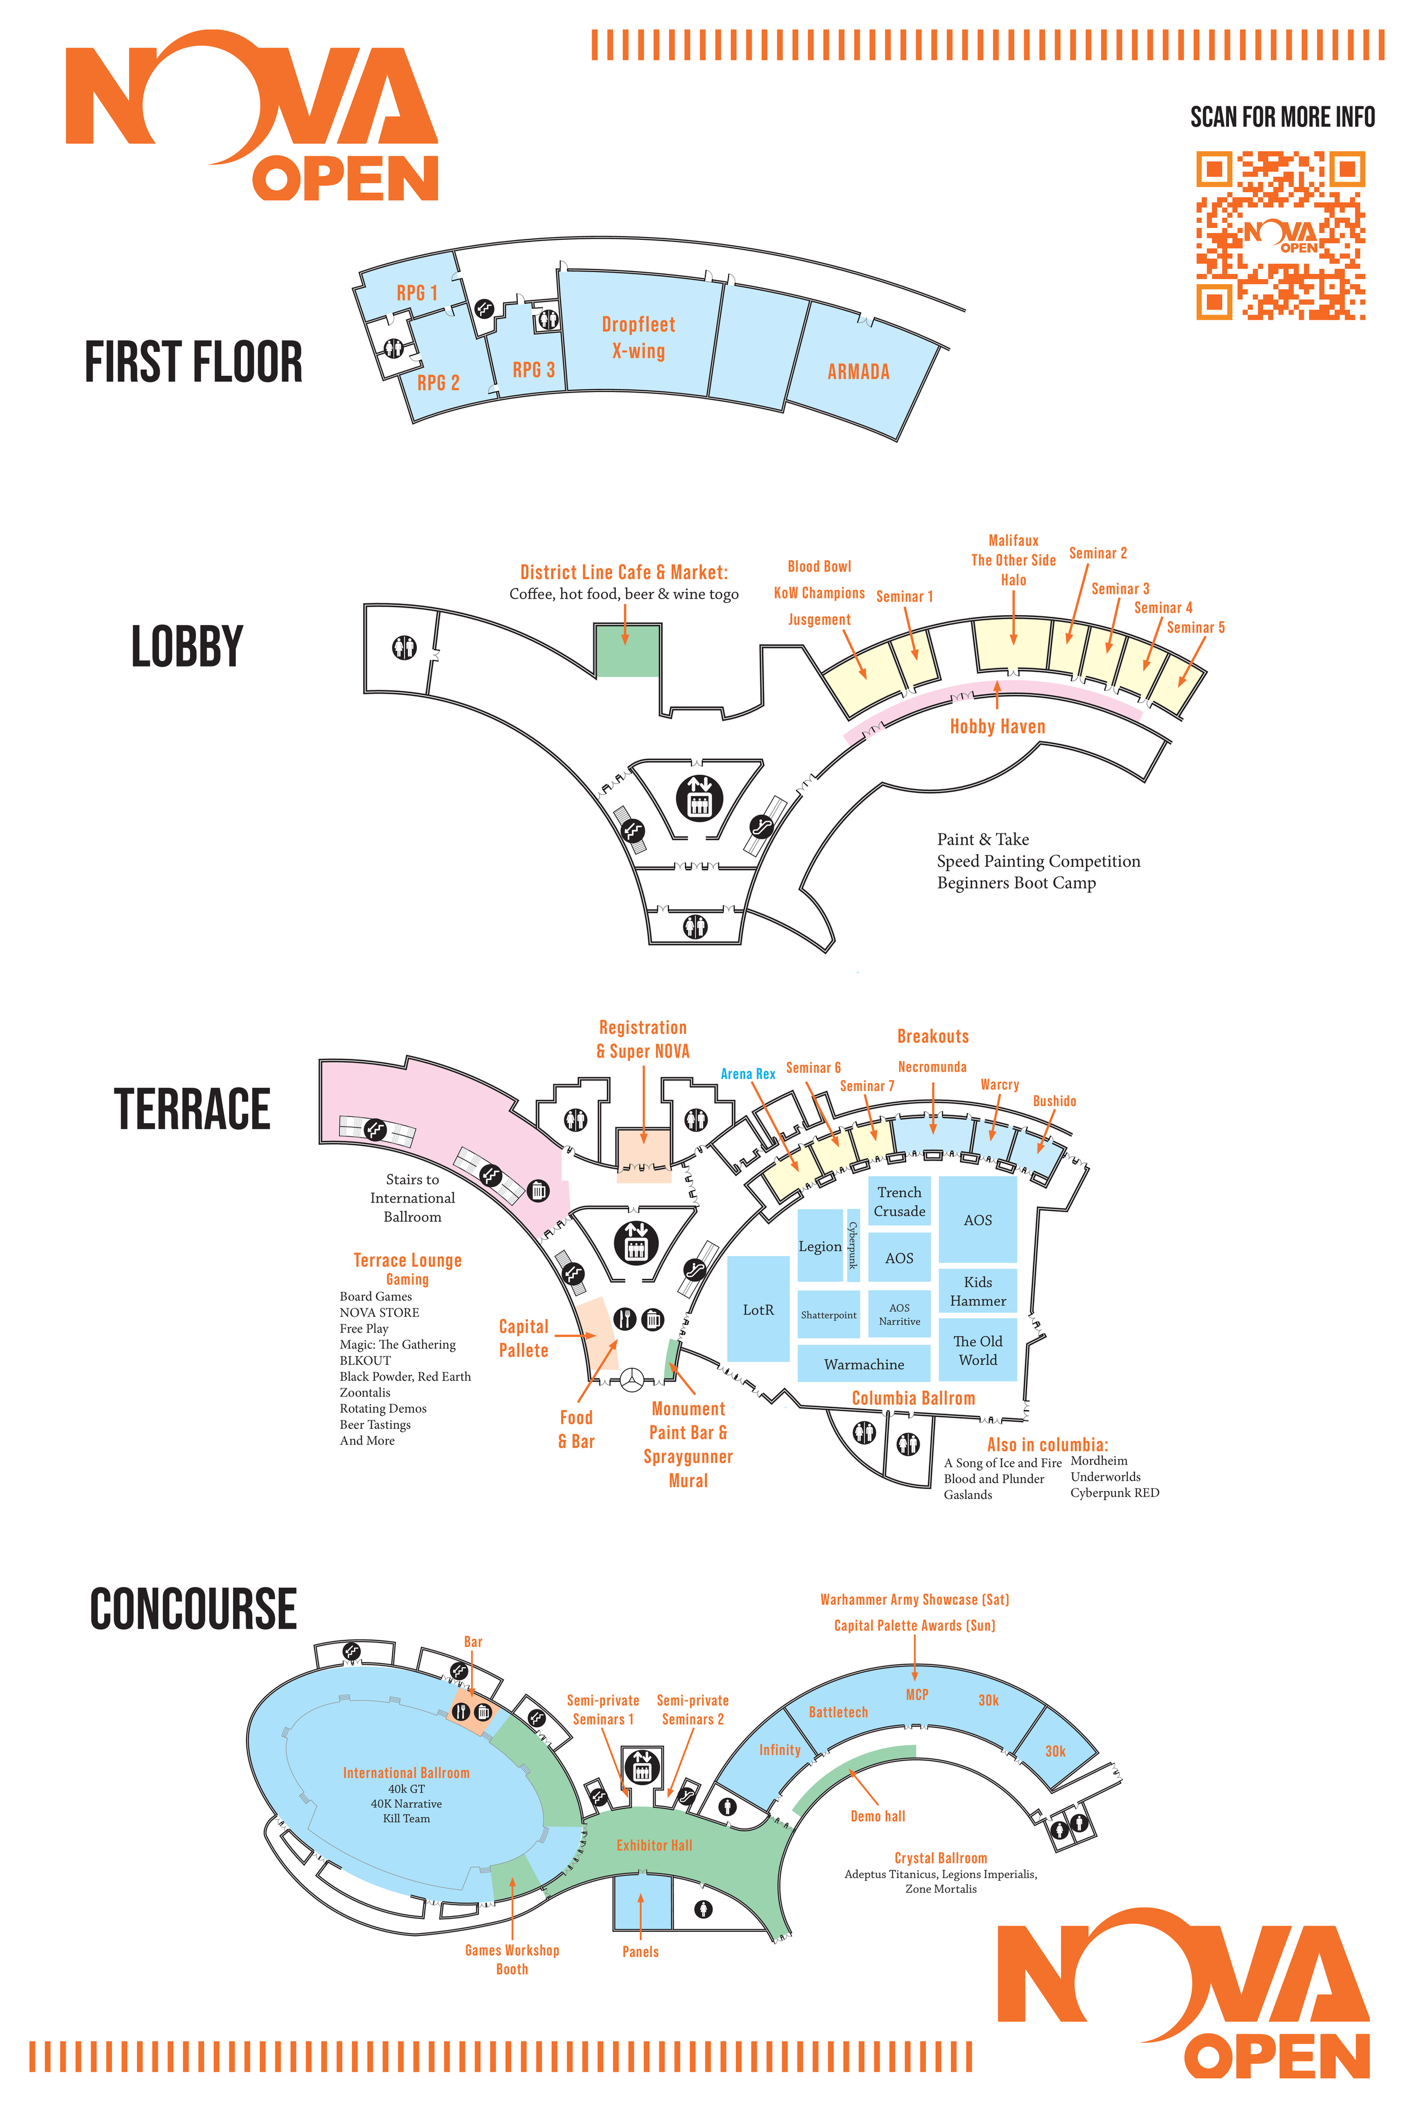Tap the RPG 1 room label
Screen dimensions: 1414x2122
coord(417,293)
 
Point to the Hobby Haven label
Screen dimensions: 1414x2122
coord(997,726)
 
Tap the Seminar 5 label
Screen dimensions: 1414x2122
coord(1195,627)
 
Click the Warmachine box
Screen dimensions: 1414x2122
coord(863,1364)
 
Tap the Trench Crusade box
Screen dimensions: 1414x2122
coord(899,1202)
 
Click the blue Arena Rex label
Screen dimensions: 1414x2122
coord(748,1073)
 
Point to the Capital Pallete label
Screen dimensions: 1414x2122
coord(523,1338)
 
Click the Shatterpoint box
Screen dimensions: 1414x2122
coord(828,1315)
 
